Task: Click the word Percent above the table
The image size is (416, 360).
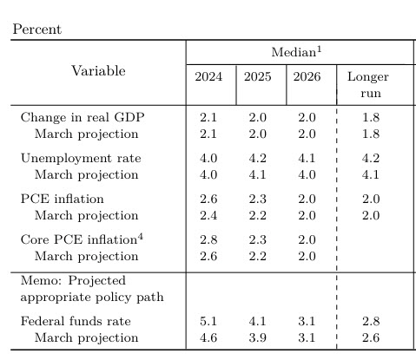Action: [37, 29]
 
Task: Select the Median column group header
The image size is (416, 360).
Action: [296, 52]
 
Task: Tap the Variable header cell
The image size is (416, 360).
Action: [98, 71]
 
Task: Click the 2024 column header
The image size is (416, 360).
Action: [208, 76]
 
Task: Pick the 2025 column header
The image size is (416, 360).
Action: [258, 76]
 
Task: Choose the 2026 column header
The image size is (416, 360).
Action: [307, 76]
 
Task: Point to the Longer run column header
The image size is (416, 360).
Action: [368, 85]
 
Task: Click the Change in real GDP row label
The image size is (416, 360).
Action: [83, 117]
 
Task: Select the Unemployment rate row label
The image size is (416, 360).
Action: [81, 159]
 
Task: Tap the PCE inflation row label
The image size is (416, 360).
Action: [62, 199]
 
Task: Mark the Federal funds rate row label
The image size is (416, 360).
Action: [76, 321]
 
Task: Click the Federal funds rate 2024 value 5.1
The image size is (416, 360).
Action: [208, 321]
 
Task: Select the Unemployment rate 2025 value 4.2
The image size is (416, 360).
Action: [258, 159]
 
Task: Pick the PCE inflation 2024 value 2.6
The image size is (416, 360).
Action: [208, 200]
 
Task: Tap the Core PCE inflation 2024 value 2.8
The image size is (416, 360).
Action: [208, 240]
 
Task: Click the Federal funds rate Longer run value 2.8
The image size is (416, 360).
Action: [371, 321]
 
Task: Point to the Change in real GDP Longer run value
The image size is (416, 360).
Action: [371, 118]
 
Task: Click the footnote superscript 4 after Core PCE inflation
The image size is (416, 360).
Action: [141, 237]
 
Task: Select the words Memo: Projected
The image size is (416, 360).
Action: [73, 280]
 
